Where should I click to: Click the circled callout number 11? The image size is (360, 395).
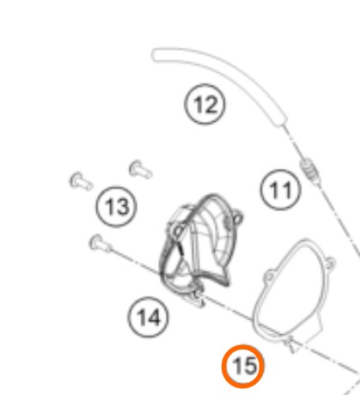pos(281,190)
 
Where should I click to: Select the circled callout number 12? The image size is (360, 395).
pos(204,104)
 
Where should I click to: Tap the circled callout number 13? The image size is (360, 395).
pos(116,207)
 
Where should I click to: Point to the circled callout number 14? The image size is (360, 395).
pos(148,317)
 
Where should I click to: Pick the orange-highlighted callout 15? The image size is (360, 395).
pos(243,366)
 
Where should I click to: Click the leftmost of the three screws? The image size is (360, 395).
pos(81,181)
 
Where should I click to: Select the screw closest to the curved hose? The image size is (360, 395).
pos(140,169)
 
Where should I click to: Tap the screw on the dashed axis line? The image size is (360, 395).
pos(101,244)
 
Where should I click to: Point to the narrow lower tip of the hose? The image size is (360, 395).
pos(282,122)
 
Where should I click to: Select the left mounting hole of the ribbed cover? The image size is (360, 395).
pos(179,230)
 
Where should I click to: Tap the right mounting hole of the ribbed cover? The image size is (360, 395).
pos(238,218)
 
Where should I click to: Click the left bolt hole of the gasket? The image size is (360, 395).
pos(269,276)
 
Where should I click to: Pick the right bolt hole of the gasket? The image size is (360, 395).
pos(330,263)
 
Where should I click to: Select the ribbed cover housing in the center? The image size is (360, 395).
pos(200,246)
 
